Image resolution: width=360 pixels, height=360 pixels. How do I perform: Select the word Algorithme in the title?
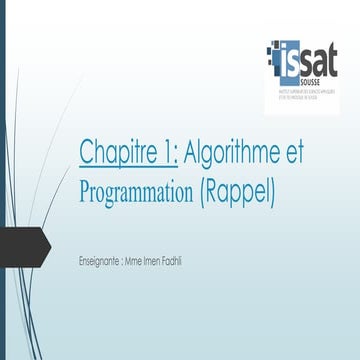click(235, 152)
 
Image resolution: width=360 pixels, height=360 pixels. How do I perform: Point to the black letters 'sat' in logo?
click(320, 52)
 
